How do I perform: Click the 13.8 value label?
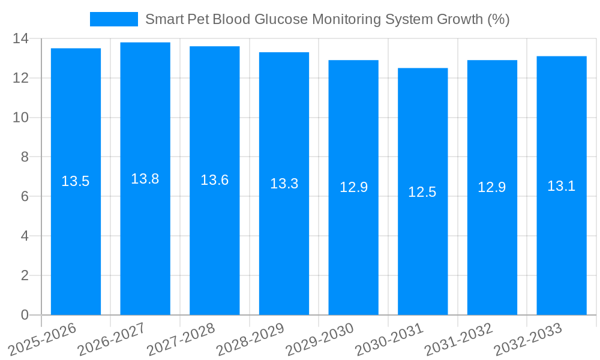(x=145, y=179)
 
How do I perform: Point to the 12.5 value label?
(x=422, y=193)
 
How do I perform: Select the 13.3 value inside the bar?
(x=284, y=184)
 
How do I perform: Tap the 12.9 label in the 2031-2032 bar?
(x=492, y=187)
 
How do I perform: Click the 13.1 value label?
(x=562, y=187)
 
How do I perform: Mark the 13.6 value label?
(x=214, y=180)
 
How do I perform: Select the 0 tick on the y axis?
(x=25, y=315)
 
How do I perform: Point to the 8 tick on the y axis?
(x=25, y=157)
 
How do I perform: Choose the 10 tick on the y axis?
(x=20, y=118)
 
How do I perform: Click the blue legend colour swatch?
(x=114, y=19)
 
